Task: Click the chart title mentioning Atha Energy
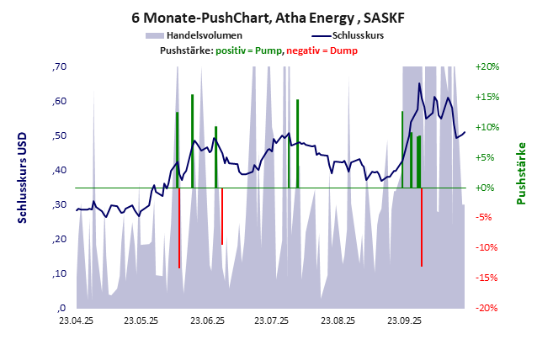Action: pos(268,17)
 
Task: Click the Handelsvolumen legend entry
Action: pos(205,36)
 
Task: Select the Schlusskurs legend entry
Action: pos(359,36)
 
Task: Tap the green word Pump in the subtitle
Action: pos(268,50)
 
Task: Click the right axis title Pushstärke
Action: pos(521,172)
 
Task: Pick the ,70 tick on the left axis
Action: pos(60,66)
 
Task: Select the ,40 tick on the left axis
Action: pos(60,170)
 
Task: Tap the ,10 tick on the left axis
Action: pos(60,273)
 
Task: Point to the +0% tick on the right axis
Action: pos(489,188)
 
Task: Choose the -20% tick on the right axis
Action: pos(488,308)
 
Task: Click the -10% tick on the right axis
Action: pos(488,248)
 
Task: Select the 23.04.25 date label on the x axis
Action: pos(76,320)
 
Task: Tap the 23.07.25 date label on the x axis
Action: pos(272,320)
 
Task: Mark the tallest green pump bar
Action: pos(192,141)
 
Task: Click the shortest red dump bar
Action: pos(222,216)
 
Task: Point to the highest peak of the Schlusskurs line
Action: pos(419,83)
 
